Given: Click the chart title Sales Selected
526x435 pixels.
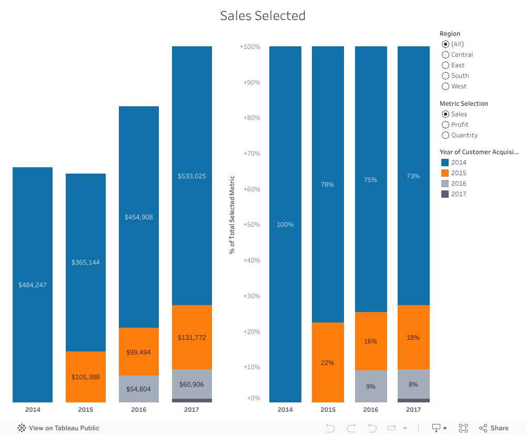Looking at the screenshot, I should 262,16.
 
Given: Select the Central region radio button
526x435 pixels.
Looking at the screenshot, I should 446,55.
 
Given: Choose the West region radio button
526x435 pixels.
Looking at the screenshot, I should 446,86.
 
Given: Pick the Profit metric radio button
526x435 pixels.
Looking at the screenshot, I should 446,125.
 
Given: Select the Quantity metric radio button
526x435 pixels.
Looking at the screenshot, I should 446,135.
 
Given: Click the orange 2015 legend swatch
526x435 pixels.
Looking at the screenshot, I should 445,173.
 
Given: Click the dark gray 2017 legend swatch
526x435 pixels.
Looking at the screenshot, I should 445,194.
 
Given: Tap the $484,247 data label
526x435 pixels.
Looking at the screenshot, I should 33,285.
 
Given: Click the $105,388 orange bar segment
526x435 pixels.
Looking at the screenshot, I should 86,377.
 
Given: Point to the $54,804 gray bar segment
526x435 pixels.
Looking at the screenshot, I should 139,389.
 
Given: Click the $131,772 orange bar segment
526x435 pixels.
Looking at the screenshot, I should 192,337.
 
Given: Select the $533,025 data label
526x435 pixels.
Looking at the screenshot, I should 192,176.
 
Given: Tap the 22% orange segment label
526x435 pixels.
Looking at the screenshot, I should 328,363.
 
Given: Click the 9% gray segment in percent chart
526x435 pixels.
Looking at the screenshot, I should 371,387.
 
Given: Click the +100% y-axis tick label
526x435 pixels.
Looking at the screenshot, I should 250,47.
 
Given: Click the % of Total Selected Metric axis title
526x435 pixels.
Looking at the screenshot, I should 232,215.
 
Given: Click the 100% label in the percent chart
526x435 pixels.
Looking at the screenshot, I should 285,225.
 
